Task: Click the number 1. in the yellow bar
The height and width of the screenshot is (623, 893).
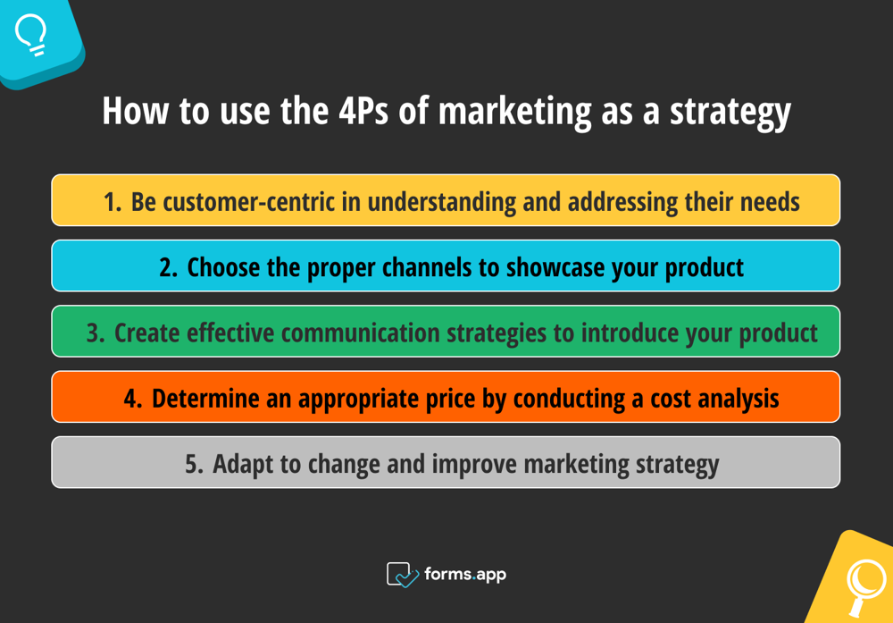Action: click(x=112, y=202)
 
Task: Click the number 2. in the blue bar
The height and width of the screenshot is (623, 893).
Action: click(x=169, y=267)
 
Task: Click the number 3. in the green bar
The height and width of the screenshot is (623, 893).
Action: click(x=96, y=333)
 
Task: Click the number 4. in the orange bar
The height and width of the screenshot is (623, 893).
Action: click(x=133, y=398)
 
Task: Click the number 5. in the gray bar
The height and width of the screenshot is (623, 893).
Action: click(x=195, y=464)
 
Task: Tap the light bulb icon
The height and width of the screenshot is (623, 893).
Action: click(x=31, y=36)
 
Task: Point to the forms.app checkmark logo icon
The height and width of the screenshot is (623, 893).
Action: click(x=402, y=574)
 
